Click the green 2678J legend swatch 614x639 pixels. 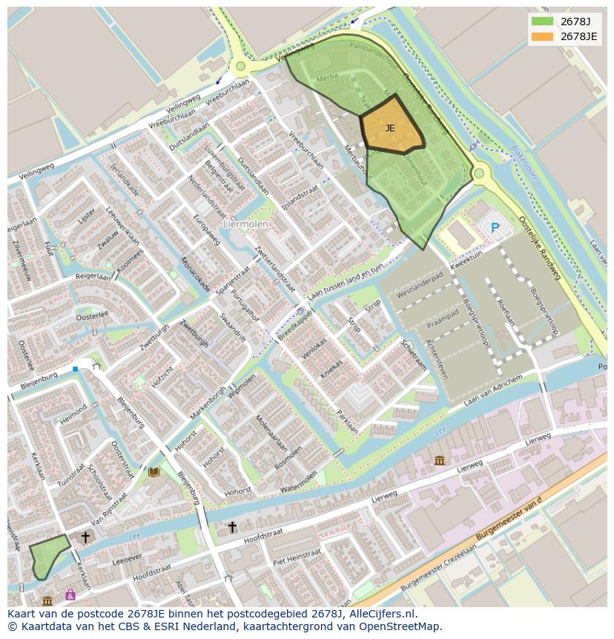[542, 22]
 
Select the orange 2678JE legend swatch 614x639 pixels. [542, 36]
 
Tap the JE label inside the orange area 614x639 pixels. [390, 128]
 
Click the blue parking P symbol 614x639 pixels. [495, 228]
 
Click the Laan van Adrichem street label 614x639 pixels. [493, 390]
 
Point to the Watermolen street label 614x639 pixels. [299, 481]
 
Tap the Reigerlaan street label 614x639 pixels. [92, 276]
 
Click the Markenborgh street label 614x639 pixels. [208, 402]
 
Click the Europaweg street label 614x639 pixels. [207, 229]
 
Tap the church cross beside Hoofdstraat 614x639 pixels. [232, 527]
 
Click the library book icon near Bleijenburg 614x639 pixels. [153, 471]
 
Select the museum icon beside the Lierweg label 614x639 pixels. [440, 460]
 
